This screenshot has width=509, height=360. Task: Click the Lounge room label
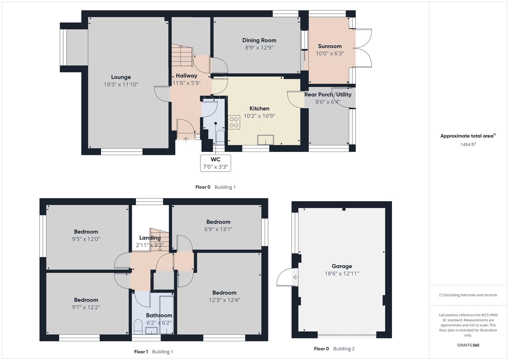point(121,77)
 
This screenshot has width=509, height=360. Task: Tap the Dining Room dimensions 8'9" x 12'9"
point(259,48)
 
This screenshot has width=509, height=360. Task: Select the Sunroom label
point(330,46)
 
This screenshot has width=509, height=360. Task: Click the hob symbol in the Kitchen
point(234,122)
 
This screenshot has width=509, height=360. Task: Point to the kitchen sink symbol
point(265,140)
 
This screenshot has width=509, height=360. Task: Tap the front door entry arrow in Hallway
point(186,139)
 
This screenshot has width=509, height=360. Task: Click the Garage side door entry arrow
point(295,277)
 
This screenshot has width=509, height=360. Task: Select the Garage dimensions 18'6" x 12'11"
point(342,274)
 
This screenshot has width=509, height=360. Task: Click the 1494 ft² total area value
point(468,144)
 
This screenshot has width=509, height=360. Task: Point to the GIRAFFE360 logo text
point(468,345)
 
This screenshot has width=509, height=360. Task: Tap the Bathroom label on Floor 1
point(159,315)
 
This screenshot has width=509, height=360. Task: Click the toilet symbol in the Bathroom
point(138,327)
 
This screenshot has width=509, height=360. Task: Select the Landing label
point(150,238)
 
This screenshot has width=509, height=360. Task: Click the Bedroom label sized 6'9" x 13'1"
point(218,222)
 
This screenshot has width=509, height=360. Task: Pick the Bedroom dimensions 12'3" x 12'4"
point(224,300)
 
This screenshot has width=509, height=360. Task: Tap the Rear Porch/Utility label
point(328,95)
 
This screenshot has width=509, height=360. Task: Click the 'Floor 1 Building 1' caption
point(153,352)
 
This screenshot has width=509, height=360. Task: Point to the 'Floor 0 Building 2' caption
point(334,349)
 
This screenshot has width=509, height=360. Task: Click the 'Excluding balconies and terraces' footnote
point(468,295)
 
